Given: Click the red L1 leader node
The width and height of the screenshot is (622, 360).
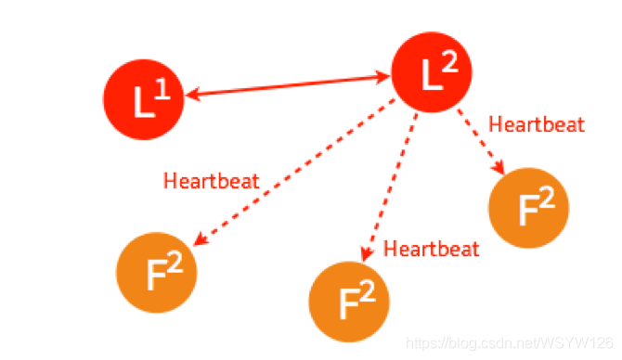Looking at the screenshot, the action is (144, 99).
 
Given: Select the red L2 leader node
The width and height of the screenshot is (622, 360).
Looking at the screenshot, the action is (432, 72).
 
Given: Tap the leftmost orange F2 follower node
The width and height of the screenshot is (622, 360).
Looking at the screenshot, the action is (157, 273).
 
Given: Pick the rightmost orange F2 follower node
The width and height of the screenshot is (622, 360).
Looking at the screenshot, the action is (529, 208).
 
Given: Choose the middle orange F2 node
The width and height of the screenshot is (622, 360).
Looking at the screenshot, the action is (349, 302).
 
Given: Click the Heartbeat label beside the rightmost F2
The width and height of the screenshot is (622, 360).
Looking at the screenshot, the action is (537, 124).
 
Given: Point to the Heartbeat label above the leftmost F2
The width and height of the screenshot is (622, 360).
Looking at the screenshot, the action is (212, 181).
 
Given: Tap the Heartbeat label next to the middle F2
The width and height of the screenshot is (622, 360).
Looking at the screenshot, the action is (432, 249).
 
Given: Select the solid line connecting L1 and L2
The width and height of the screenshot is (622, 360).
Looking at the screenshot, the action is (288, 85).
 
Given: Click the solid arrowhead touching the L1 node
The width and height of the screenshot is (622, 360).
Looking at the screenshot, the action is (191, 96).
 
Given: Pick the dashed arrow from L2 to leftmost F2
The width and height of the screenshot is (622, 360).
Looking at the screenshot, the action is (294, 173).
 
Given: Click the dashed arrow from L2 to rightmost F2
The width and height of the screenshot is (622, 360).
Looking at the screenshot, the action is (481, 142).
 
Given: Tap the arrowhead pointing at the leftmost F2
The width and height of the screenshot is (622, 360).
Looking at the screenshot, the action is (201, 239).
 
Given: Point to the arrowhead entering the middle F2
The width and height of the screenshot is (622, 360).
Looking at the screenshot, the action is (367, 253).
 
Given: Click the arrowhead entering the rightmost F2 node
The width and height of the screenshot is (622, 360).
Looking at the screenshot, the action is (499, 168).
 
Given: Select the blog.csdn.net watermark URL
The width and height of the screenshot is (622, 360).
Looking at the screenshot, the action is (510, 343).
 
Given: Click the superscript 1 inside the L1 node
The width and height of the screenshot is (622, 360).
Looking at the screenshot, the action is (162, 89).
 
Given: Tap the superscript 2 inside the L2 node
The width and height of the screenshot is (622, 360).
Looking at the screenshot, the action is (450, 62).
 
